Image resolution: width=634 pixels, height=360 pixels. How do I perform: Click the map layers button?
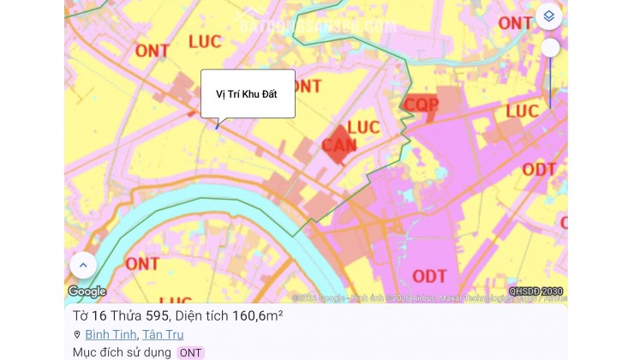tap(548, 16)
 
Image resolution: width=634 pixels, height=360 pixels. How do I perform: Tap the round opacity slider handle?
tap(550, 48)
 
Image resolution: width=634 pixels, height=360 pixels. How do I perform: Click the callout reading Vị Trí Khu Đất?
tap(248, 93)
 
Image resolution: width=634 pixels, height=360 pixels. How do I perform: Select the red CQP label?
tap(422, 105)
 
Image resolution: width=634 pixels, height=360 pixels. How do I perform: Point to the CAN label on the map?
tap(339, 146)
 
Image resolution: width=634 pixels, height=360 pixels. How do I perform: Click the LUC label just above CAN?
tap(363, 127)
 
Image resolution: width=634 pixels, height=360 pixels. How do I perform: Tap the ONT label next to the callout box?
tap(307, 86)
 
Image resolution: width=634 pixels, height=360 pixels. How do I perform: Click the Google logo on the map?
tap(87, 291)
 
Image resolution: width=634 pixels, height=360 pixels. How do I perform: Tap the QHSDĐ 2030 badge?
tap(535, 291)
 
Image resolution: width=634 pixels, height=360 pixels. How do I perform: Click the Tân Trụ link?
tap(163, 334)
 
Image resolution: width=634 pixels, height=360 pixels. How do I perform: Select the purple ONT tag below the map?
tap(190, 352)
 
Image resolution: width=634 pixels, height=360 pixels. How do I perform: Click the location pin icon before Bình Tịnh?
tap(77, 334)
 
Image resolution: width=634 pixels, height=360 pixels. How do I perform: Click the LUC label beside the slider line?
tap(522, 111)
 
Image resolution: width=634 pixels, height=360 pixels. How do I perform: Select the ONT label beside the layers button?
tap(515, 23)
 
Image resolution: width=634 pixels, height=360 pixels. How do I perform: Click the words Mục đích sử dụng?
tap(122, 352)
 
